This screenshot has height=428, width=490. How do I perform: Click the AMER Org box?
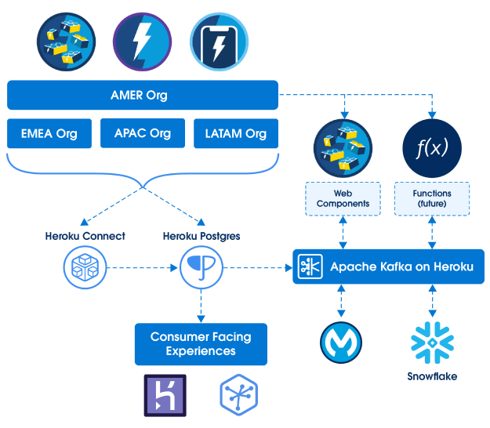(142, 96)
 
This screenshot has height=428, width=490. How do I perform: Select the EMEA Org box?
(49, 133)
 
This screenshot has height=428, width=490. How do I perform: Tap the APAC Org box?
(142, 133)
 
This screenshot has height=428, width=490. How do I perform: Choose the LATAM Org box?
(235, 133)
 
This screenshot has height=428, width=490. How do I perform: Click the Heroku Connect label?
(85, 235)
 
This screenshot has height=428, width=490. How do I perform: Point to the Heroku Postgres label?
(201, 235)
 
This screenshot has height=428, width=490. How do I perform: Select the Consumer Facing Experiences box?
(201, 343)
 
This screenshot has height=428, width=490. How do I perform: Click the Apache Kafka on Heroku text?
(401, 267)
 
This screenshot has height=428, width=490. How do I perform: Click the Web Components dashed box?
(341, 199)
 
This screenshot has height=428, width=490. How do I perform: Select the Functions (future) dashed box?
(431, 199)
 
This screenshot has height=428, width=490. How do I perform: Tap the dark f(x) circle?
(430, 147)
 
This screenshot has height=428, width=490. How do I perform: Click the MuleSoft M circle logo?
(340, 343)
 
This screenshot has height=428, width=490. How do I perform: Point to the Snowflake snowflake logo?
(431, 343)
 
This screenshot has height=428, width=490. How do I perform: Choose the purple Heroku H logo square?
(165, 395)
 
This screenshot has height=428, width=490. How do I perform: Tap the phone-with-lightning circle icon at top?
(219, 41)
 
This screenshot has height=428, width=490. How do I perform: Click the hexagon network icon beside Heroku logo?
(239, 395)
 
